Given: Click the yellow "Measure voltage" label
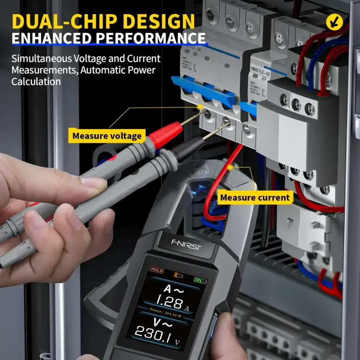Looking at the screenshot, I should [107, 136].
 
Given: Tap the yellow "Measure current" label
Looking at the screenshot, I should [255, 197].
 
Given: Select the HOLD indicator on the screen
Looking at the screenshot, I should [157, 270].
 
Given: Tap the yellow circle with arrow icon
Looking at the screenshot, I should [333, 22].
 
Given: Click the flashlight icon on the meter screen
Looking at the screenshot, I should [177, 275].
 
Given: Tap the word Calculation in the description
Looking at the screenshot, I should [36, 81].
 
